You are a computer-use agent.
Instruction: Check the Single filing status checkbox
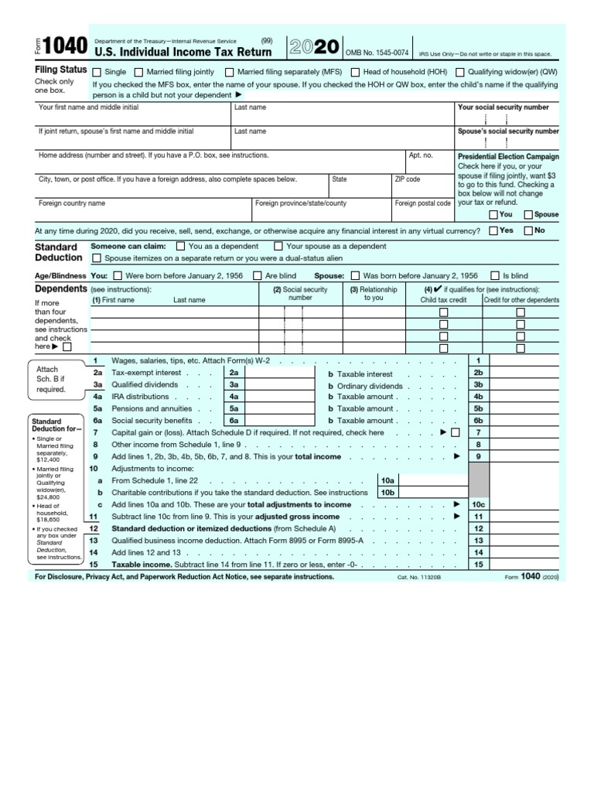[x=97, y=72]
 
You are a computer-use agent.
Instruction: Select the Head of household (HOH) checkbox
[x=355, y=72]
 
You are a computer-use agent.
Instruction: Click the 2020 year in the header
[x=313, y=47]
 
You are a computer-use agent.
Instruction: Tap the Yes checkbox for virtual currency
[x=493, y=230]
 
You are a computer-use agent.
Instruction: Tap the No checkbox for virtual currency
[x=528, y=230]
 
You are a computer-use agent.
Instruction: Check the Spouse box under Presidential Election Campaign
[x=528, y=214]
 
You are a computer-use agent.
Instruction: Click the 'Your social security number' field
[x=507, y=120]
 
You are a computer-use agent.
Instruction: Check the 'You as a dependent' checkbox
[x=181, y=246]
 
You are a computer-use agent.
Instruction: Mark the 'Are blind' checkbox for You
[x=258, y=275]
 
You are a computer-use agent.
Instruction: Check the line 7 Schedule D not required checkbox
[x=455, y=432]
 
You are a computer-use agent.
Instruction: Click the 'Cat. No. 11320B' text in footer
[x=418, y=578]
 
